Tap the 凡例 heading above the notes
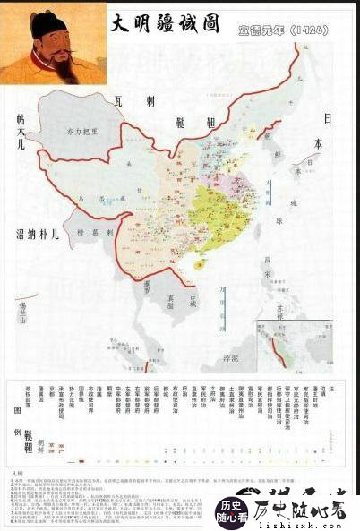tap(16, 467)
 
